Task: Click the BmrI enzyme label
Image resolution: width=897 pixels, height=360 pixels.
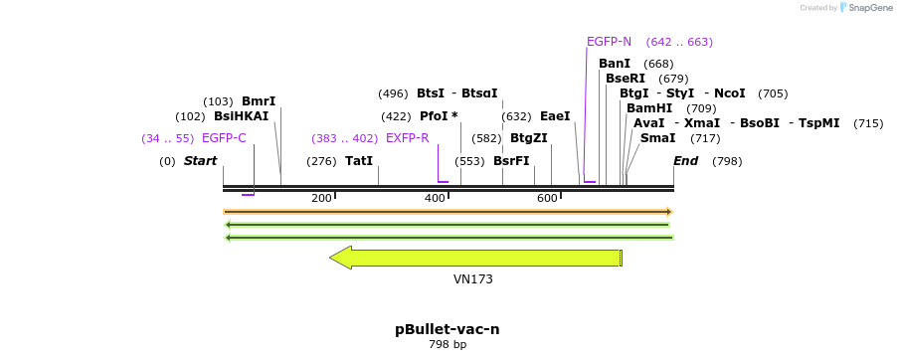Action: (259, 101)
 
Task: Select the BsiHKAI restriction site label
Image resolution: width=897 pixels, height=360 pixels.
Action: (241, 116)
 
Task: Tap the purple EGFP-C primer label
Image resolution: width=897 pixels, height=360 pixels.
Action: (224, 138)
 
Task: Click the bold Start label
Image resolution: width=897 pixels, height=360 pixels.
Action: (200, 161)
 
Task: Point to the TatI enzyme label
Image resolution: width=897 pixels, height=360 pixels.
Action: (359, 161)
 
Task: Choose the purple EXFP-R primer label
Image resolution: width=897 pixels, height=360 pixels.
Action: (408, 138)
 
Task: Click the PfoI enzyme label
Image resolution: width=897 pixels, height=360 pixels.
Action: (439, 116)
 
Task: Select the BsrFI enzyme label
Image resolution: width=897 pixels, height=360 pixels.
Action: (511, 161)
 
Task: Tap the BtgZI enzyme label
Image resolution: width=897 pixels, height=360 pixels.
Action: (529, 138)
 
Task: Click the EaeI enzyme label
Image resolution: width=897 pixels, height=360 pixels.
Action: (555, 116)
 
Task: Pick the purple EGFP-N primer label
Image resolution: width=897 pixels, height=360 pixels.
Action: (609, 42)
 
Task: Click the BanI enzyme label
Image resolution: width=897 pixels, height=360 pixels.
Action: (615, 64)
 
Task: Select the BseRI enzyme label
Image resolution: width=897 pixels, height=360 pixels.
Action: (626, 79)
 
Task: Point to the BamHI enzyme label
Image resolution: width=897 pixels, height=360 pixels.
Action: (649, 108)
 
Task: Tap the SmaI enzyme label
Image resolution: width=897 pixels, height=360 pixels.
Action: (657, 138)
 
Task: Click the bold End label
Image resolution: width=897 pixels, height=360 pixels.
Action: (686, 161)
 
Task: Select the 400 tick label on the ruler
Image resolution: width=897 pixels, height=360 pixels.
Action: (434, 199)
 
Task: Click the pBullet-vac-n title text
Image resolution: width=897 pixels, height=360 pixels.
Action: (448, 329)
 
